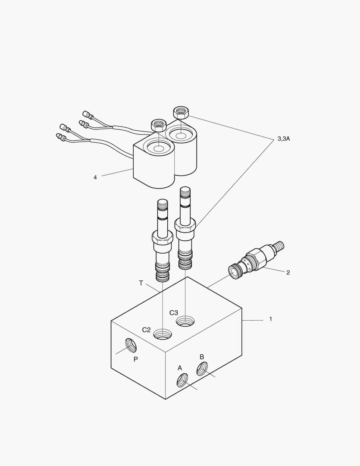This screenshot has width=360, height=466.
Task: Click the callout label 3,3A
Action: (283, 139)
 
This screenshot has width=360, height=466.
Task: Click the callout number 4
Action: (95, 177)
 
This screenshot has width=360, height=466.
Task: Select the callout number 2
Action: (288, 272)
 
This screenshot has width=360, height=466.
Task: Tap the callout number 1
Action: (270, 319)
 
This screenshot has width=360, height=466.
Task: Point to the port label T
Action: (141, 283)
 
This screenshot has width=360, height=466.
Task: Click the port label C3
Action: (174, 312)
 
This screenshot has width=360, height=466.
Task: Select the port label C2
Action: (147, 330)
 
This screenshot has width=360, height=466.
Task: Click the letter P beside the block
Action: (135, 359)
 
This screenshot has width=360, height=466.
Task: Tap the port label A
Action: (180, 368)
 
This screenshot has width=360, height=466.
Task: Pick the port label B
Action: (201, 357)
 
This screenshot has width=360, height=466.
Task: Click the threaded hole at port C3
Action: (185, 321)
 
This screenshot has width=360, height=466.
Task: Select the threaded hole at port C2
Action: (163, 334)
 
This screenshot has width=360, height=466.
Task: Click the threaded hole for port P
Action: (131, 345)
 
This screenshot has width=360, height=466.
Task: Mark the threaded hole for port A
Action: (182, 380)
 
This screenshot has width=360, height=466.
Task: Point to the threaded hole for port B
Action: (202, 369)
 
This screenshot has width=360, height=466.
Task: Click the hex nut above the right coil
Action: (181, 113)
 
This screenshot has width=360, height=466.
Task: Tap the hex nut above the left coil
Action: (158, 125)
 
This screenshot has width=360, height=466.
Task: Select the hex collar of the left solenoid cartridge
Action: (162, 237)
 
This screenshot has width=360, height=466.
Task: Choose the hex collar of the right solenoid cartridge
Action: (185, 225)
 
